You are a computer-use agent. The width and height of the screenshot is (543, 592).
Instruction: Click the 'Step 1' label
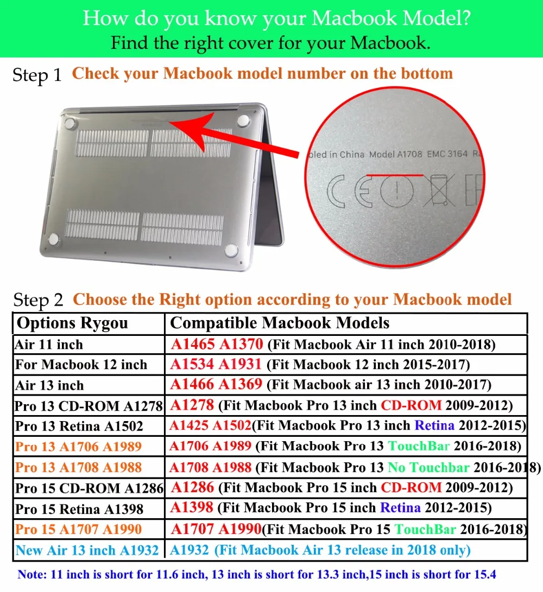(37, 75)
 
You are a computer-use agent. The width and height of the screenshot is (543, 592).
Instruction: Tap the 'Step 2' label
(38, 300)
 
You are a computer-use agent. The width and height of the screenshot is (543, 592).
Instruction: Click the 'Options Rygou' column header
(72, 323)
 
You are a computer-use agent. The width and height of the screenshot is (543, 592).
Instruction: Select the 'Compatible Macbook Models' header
(280, 323)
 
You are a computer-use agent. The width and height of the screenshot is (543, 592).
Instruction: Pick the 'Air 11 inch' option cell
(49, 345)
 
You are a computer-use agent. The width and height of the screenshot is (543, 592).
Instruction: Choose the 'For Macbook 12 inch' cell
(81, 365)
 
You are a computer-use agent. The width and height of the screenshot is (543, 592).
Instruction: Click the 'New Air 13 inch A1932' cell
(87, 550)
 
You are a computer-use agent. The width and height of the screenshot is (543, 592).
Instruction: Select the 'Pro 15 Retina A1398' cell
(79, 509)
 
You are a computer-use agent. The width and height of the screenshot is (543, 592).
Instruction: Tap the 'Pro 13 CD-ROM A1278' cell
(89, 406)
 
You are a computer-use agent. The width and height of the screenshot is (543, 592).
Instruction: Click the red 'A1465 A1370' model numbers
(217, 344)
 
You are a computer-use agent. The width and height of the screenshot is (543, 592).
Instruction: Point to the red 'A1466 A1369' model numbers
(216, 385)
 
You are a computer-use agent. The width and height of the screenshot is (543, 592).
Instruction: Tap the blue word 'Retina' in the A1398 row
(400, 508)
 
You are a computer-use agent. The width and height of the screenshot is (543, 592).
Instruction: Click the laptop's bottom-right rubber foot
(231, 251)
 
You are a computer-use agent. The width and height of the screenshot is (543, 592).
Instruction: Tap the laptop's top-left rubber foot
(70, 124)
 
